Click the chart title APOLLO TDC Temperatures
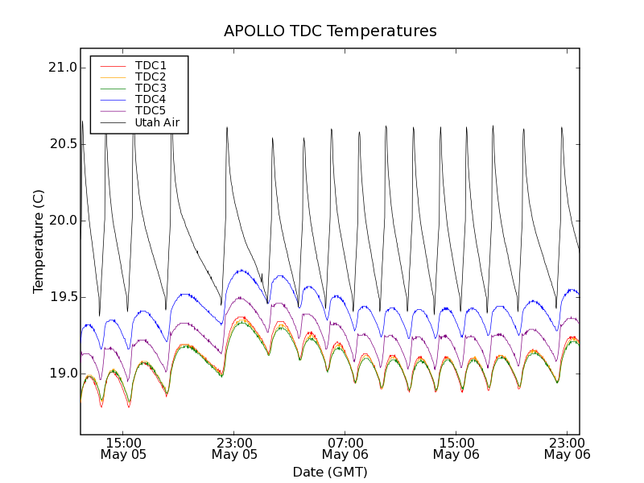click(x=330, y=31)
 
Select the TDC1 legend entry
click(x=151, y=65)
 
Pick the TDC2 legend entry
click(x=151, y=76)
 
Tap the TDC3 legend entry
click(x=151, y=88)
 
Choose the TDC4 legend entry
click(x=151, y=99)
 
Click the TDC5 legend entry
click(x=151, y=110)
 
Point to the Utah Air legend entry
click(x=157, y=122)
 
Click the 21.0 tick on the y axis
click(x=62, y=68)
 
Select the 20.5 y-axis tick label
click(x=62, y=144)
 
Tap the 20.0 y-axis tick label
click(x=62, y=221)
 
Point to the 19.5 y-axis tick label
click(x=62, y=297)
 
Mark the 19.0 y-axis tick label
click(x=62, y=374)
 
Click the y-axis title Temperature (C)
click(x=39, y=242)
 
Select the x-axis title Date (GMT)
click(x=330, y=472)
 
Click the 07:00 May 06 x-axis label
click(x=345, y=448)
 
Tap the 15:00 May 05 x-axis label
click(x=124, y=448)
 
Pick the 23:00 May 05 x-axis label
click(x=235, y=448)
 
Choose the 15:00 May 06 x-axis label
click(x=456, y=448)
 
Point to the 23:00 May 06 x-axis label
click(x=567, y=448)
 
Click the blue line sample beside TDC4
click(x=113, y=99)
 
